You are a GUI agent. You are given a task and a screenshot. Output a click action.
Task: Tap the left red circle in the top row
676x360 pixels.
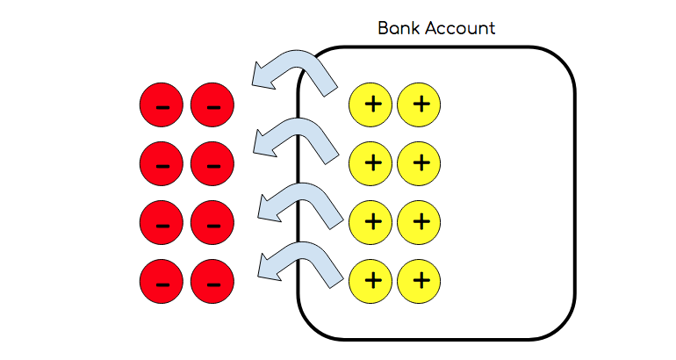click(x=162, y=105)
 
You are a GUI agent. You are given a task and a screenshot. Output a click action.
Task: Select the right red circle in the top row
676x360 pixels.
click(x=212, y=105)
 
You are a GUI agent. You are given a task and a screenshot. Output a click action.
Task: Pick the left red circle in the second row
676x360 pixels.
click(x=162, y=162)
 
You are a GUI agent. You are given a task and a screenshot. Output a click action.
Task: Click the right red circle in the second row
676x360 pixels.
click(x=212, y=162)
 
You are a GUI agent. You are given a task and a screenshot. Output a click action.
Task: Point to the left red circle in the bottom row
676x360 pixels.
click(x=162, y=281)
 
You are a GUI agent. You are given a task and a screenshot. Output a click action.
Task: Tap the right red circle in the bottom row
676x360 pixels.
click(x=212, y=281)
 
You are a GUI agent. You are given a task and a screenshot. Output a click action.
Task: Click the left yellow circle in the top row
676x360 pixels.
click(x=371, y=105)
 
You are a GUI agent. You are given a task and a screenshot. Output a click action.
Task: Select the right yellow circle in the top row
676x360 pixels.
click(x=419, y=105)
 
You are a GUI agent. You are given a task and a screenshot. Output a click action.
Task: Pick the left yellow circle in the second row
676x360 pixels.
click(x=371, y=162)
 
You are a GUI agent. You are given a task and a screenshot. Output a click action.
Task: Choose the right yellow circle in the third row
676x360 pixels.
click(x=419, y=220)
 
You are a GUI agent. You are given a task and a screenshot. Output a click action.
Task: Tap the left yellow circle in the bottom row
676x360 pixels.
click(x=371, y=281)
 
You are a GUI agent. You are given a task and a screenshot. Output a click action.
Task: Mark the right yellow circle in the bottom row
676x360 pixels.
click(x=419, y=281)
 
